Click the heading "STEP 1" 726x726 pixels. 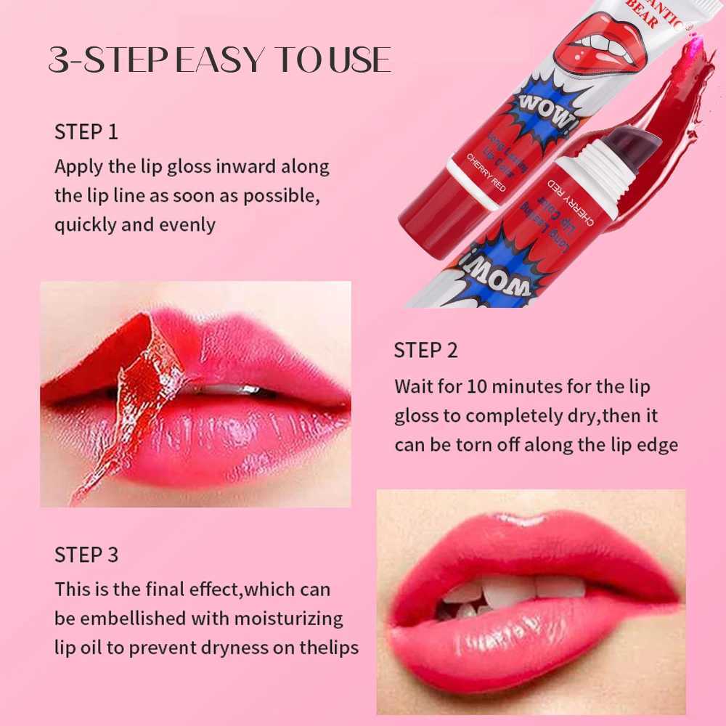coord(86,133)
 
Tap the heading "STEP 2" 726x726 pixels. coord(425,350)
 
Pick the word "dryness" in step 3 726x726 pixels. coord(269,648)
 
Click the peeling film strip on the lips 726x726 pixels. coord(138,392)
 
